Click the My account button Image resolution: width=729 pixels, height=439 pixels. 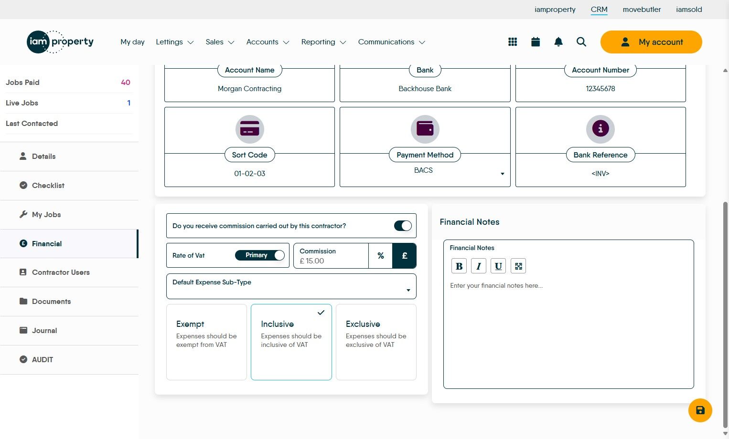(651, 42)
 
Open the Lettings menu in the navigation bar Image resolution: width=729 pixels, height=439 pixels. (175, 42)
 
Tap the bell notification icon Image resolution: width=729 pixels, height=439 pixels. (558, 42)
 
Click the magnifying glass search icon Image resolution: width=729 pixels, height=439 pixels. (581, 42)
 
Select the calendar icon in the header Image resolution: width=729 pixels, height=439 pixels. (536, 42)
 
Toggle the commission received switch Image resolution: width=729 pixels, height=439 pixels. (403, 226)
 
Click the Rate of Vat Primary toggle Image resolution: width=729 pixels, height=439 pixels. (260, 255)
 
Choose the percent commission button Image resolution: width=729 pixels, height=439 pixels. (380, 256)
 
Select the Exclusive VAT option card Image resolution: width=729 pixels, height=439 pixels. (376, 342)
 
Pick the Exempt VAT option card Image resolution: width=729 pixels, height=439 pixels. (206, 342)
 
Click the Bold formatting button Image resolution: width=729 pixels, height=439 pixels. (459, 266)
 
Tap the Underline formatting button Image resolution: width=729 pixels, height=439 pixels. (498, 266)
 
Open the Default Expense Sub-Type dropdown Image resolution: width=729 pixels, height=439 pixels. (291, 286)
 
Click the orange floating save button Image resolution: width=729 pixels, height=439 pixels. (700, 410)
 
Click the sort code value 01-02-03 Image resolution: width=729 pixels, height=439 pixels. (250, 174)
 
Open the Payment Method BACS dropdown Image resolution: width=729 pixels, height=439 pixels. (425, 171)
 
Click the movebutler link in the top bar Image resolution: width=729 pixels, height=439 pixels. (642, 10)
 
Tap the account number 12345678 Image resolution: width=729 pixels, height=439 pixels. (600, 89)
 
